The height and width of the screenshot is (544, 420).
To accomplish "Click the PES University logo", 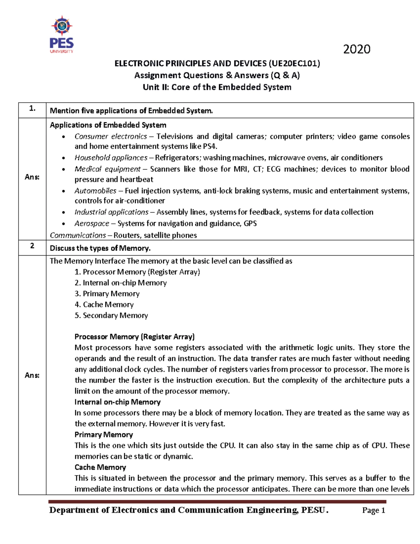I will pyautogui.click(x=62, y=34).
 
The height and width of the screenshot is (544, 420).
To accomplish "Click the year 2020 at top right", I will pyautogui.click(x=356, y=49).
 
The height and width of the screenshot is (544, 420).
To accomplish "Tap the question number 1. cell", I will pyautogui.click(x=32, y=109).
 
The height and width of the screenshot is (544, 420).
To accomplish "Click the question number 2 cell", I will pyautogui.click(x=32, y=246).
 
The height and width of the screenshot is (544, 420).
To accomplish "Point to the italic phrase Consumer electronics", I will pyautogui.click(x=111, y=136).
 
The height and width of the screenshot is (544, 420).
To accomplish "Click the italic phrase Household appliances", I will pyautogui.click(x=111, y=158).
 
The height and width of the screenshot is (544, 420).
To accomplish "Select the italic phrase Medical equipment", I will pyautogui.click(x=107, y=169).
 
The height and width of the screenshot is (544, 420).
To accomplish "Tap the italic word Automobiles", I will pyautogui.click(x=95, y=191).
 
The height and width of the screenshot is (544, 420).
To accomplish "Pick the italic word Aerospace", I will pyautogui.click(x=92, y=223).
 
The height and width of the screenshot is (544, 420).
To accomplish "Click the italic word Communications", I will pyautogui.click(x=78, y=235).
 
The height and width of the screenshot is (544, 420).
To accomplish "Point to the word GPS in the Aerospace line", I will pyautogui.click(x=250, y=223).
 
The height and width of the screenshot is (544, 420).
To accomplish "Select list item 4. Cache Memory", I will pyautogui.click(x=104, y=304).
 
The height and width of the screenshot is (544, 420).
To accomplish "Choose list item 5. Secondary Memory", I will pyautogui.click(x=111, y=315).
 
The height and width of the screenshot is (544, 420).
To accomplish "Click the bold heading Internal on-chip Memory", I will pyautogui.click(x=117, y=402).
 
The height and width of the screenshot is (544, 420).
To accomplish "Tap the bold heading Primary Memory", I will pyautogui.click(x=104, y=434).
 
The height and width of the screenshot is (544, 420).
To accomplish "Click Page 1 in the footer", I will pyautogui.click(x=373, y=510).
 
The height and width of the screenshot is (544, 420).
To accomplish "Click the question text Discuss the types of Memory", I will pyautogui.click(x=100, y=248).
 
